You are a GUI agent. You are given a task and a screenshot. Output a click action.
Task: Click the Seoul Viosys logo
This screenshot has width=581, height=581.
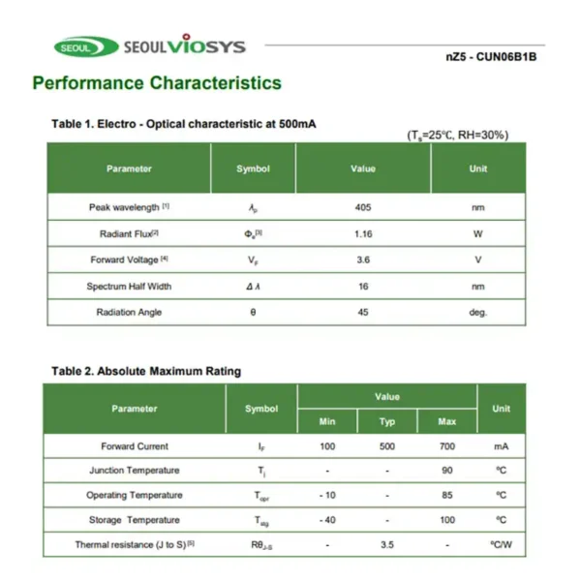point(149,46)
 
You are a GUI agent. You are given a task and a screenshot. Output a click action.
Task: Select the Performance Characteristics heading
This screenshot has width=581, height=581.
point(157,83)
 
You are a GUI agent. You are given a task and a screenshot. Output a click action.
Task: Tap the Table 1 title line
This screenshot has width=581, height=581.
point(183,124)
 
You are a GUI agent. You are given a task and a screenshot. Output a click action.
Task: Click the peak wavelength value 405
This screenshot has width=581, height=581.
point(363,207)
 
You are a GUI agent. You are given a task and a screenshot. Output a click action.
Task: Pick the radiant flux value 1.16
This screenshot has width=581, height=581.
point(363,233)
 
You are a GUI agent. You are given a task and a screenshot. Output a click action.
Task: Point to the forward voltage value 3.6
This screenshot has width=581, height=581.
point(363,260)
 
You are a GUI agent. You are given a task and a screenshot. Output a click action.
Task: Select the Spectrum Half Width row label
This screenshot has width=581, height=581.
point(129,286)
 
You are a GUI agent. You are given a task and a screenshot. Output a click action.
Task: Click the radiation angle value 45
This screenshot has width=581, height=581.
point(363,312)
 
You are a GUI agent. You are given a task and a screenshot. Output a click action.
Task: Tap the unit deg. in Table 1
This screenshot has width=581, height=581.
point(477,312)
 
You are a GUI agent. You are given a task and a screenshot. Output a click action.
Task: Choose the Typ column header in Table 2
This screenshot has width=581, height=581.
point(387,421)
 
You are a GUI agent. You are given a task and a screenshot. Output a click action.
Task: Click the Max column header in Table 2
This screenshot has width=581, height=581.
point(446,421)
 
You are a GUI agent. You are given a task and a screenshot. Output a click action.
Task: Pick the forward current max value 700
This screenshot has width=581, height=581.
point(446,446)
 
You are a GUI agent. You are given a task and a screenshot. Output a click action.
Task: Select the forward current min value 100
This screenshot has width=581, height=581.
point(327,446)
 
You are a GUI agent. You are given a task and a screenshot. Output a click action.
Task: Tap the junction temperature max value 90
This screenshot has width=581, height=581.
point(446,471)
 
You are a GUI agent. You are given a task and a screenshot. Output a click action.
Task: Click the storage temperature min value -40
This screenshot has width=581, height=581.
point(327,520)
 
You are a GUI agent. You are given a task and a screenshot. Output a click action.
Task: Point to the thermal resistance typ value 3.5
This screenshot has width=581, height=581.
point(387,545)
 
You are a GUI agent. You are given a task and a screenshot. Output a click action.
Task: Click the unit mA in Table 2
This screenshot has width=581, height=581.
point(501,446)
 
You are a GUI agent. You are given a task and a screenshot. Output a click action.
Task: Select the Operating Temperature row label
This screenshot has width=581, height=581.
point(135,495)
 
